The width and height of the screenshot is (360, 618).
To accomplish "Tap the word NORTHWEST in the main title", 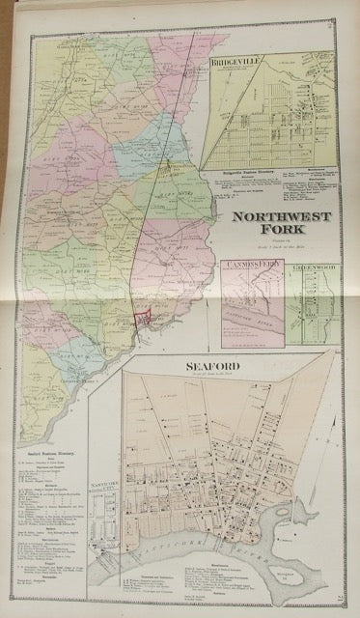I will tap(281, 218).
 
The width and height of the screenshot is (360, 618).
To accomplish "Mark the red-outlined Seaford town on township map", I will tap(142, 319).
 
